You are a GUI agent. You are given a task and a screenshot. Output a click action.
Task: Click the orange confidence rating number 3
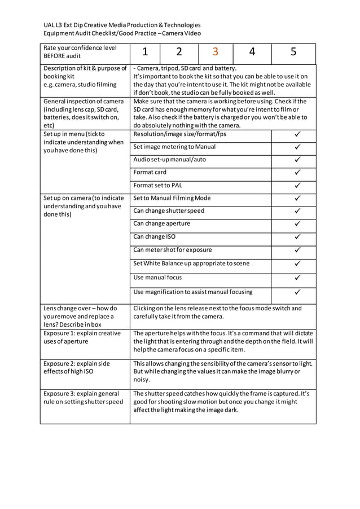216,52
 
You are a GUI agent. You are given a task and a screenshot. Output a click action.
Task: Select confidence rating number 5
293,52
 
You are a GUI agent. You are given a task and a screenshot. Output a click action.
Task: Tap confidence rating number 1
145,52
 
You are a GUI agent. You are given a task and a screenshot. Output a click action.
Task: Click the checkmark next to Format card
297,173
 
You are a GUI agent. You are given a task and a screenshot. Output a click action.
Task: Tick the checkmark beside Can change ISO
297,237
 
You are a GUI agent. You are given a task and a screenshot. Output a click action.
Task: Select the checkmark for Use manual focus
297,278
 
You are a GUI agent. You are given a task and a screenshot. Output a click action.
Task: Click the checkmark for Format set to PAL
297,186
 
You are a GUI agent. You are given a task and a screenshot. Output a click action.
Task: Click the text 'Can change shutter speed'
169,211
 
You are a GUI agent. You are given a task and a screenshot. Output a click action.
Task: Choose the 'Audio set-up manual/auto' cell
169,160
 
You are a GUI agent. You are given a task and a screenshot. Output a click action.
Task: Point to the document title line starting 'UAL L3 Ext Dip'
122,25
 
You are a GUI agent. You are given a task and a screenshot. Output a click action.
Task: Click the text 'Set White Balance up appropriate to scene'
191,264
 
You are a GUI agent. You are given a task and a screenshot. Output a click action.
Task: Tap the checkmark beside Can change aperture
297,224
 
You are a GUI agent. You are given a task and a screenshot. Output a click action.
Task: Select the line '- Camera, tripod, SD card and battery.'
185,69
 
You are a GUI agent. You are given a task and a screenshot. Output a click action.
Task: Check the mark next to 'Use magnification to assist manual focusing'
297,292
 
